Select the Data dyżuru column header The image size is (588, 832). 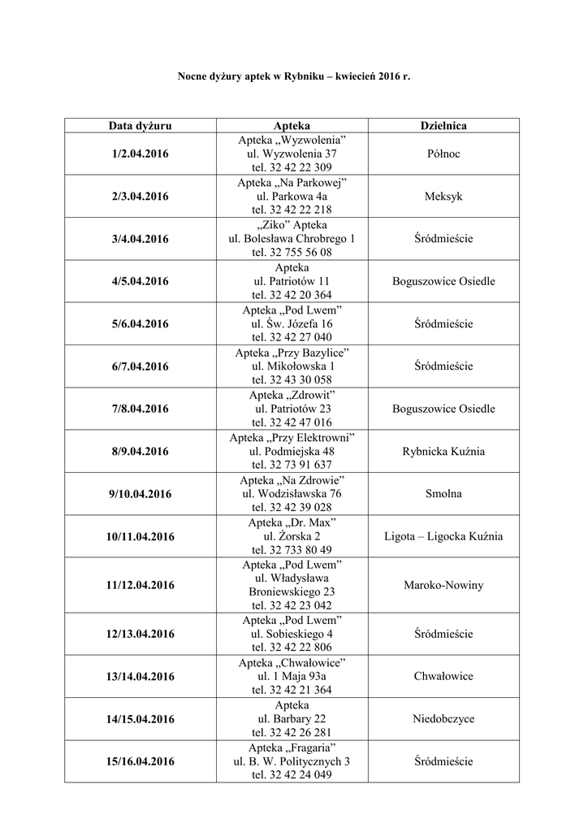pos(141,126)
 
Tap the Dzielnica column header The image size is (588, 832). pos(443,126)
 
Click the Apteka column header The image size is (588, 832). pos(292,126)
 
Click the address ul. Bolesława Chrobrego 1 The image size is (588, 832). pos(292,238)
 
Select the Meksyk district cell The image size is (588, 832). pos(443,196)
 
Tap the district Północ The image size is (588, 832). pos(443,154)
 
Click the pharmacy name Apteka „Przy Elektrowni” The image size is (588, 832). pos(292,437)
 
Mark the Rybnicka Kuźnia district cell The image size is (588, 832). pos(443,451)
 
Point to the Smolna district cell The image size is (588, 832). pos(443,493)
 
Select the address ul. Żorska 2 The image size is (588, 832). pos(292,536)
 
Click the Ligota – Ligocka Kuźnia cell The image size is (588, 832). pos(443,536)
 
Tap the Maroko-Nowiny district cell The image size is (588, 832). pos(443,585)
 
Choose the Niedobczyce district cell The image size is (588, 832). pos(443,719)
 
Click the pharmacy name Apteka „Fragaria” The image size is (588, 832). pos(292,747)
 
